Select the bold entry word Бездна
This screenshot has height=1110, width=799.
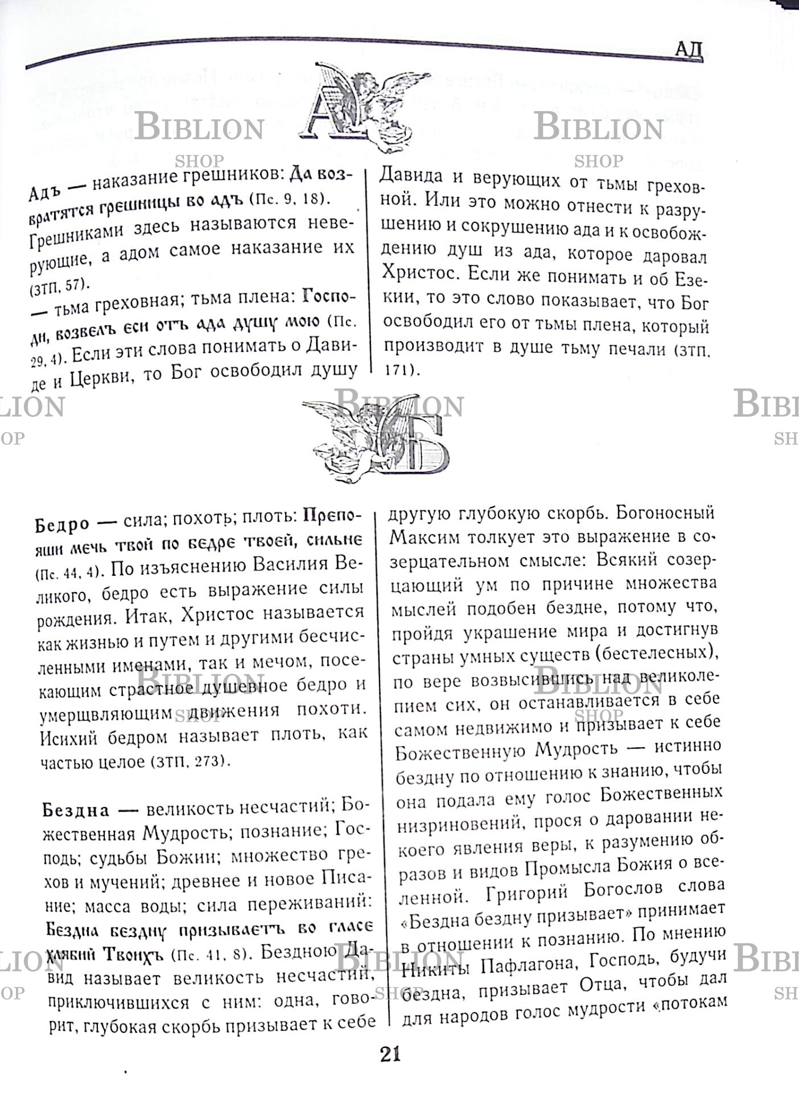[76, 809]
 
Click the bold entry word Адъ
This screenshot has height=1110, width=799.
[44, 190]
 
